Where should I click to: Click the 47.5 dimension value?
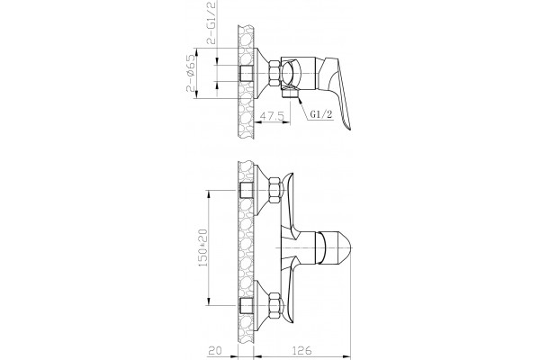[272, 116]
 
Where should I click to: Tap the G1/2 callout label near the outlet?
[321, 114]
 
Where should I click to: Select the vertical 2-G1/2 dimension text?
[211, 22]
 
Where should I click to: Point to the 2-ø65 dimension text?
[191, 73]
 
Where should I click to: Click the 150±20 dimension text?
[202, 247]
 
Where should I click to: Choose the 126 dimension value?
[301, 350]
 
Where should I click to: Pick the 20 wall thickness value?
[215, 350]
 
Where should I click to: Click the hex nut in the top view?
[274, 73]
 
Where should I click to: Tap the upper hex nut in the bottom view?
[275, 190]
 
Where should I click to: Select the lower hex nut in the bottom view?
[275, 305]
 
